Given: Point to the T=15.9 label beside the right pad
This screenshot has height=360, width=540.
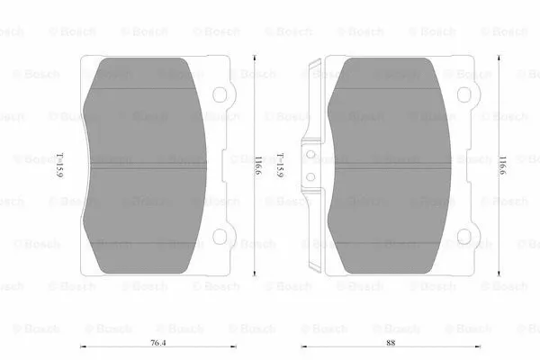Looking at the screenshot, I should coord(282,164).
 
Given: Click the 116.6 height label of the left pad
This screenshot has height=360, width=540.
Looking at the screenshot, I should coord(256,164).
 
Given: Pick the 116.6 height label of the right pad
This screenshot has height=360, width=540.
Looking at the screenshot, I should coord(501,164).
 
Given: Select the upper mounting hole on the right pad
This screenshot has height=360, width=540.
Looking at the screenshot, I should coord(464,94).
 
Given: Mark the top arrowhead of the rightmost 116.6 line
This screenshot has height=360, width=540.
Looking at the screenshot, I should coord(501,56).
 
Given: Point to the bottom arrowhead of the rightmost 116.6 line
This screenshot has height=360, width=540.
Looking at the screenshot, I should coord(501,274).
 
